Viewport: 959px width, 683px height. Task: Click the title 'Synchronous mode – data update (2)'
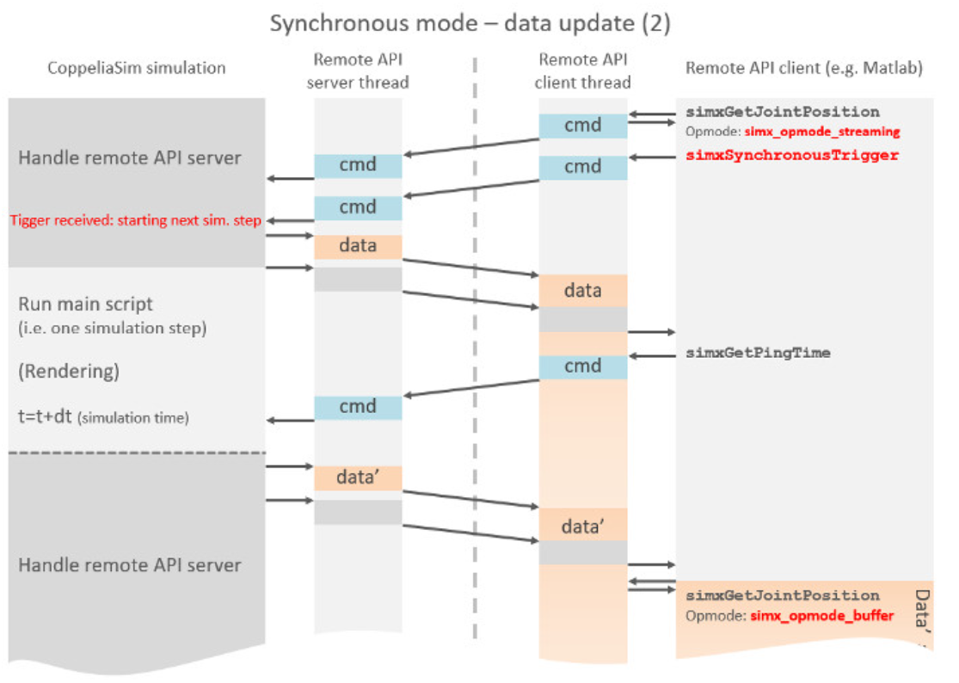(x=470, y=23)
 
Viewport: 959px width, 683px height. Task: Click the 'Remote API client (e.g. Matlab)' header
(x=804, y=68)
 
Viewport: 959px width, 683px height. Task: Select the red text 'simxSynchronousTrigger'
(x=791, y=156)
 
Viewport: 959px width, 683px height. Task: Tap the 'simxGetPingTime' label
(x=758, y=353)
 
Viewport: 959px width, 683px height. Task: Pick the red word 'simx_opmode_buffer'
(x=820, y=616)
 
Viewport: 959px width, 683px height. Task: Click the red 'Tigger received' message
(x=136, y=220)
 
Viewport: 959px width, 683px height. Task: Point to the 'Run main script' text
(x=86, y=305)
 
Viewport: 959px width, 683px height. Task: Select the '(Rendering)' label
(x=69, y=372)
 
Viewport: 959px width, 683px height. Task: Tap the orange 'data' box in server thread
(x=358, y=246)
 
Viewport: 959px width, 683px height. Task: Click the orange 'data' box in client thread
(x=582, y=291)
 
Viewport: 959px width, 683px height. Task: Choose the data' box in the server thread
(x=358, y=478)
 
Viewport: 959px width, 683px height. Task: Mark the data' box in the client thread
(x=582, y=525)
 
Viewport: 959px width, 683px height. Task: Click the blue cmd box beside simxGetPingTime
(x=582, y=367)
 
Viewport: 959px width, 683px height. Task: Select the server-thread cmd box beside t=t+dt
(x=358, y=408)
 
